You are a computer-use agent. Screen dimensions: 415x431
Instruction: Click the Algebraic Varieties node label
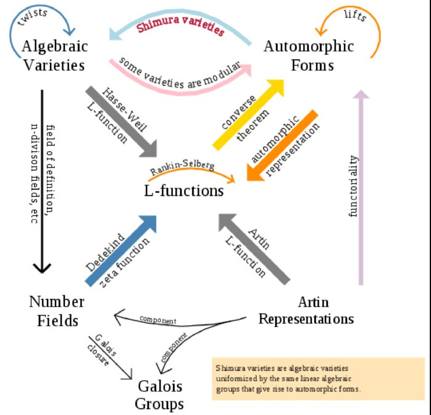54,55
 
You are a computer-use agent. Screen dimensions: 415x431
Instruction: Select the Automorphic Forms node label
308,55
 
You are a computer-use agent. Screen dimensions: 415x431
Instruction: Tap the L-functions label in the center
183,191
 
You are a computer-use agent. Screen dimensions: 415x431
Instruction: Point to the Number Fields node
56,311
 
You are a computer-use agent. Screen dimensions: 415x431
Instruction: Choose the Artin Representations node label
306,311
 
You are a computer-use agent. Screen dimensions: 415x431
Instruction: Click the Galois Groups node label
161,395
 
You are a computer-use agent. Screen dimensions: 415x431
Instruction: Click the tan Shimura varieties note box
318,377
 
